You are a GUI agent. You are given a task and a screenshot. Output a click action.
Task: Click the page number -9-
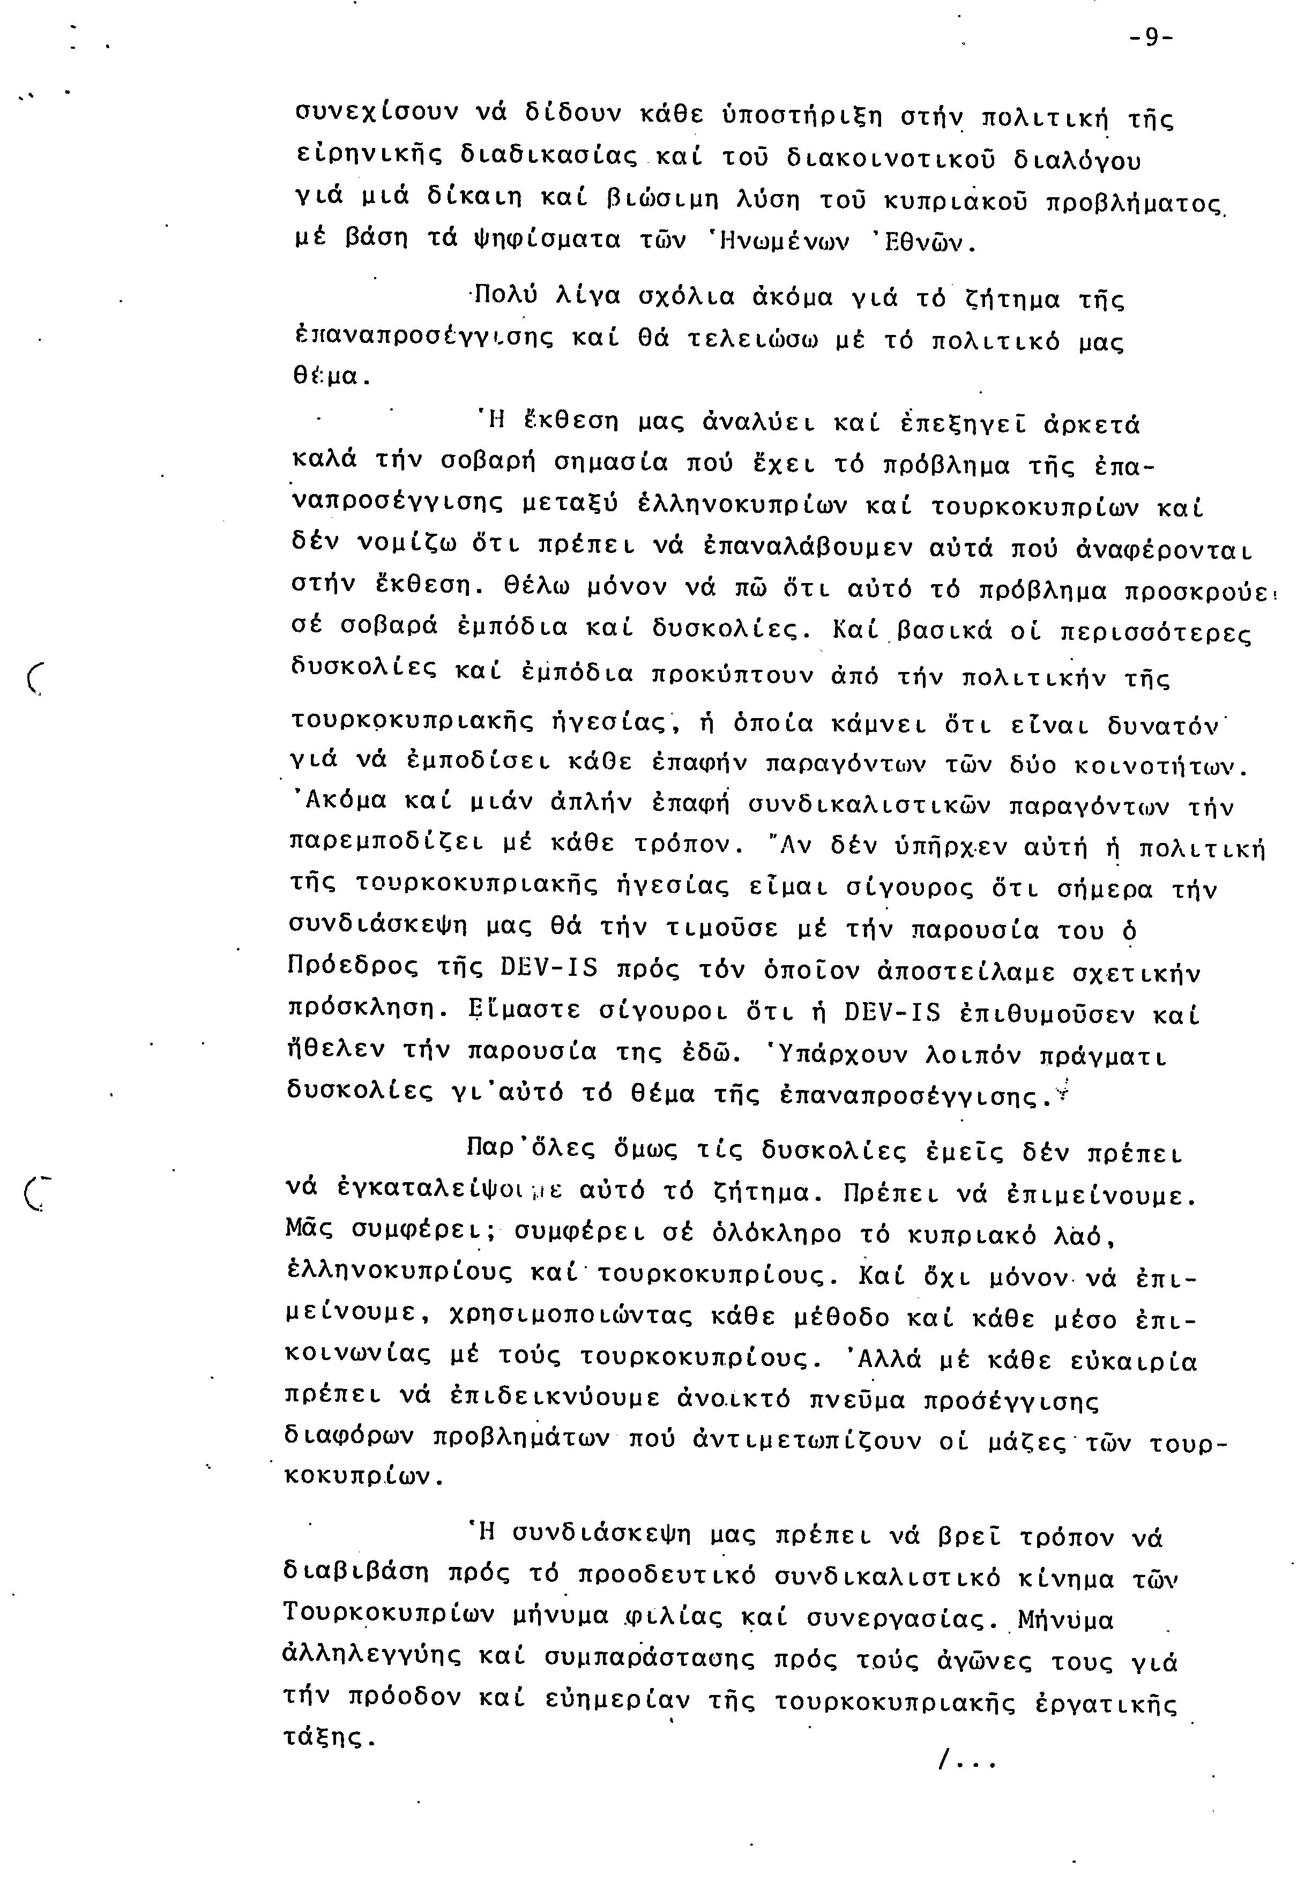[1150, 39]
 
